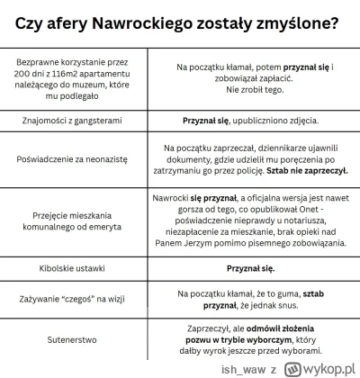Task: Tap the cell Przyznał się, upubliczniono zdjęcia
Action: (250, 120)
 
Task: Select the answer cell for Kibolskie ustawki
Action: (250, 267)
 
